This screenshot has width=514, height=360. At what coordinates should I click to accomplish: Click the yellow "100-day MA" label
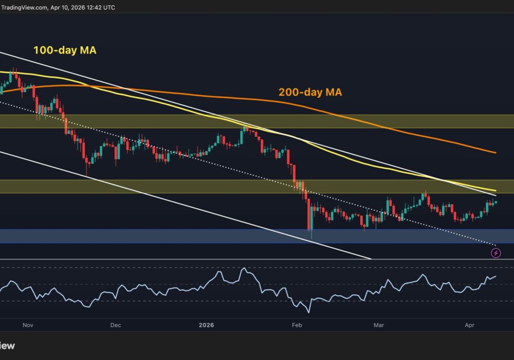point(65,50)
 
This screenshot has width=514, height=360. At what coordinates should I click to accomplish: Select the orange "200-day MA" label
point(310,93)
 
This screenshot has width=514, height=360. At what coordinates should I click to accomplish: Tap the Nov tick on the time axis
point(28,325)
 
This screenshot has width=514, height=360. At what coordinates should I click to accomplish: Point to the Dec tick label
point(115,325)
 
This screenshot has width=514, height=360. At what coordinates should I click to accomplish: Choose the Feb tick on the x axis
point(297,325)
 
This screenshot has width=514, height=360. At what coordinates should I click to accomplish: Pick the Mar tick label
point(379,325)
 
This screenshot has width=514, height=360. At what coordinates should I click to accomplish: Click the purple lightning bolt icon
point(495,253)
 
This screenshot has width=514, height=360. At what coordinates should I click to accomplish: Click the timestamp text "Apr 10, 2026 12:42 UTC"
point(82,7)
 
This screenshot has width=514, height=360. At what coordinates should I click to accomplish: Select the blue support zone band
point(257,236)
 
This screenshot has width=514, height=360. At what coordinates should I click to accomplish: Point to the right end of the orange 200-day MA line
point(495,153)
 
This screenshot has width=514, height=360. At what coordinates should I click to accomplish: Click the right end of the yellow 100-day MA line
point(495,191)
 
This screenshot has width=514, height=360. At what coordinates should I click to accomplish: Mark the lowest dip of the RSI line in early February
point(309,312)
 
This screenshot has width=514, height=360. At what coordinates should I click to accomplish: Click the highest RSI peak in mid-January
point(244,268)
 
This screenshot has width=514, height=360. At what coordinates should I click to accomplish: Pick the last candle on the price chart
point(495,202)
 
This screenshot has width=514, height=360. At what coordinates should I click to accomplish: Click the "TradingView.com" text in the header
point(24,7)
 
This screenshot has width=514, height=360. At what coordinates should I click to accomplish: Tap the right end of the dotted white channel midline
point(495,244)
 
